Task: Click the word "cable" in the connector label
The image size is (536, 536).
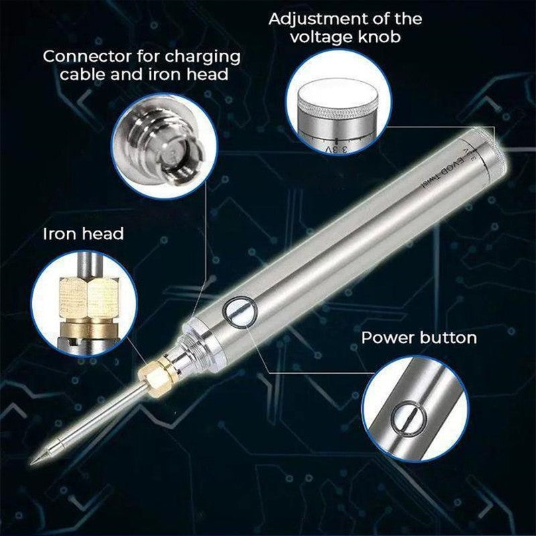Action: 84,74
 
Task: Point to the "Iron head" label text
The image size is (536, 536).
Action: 84,234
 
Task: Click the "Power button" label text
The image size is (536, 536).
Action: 419,337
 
